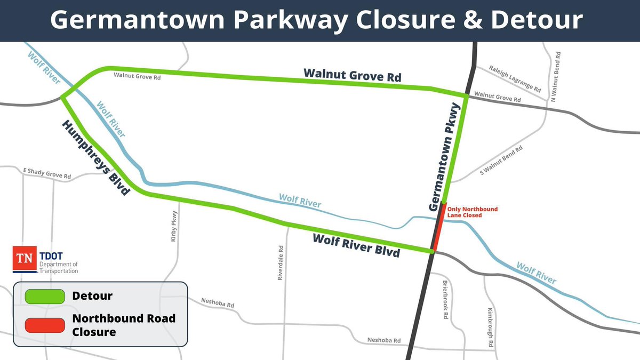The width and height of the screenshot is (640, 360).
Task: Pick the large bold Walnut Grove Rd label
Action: coord(352,75)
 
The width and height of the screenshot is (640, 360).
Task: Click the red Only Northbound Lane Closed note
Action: coord(464,212)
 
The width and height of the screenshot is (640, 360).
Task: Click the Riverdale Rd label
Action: coord(281,262)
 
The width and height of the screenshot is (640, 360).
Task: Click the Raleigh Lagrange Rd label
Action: coord(508,78)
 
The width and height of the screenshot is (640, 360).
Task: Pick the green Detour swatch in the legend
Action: coord(44,295)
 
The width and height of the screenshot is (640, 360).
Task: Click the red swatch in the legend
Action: coord(44,324)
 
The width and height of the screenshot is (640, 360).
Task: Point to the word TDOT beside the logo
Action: coord(52,256)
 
